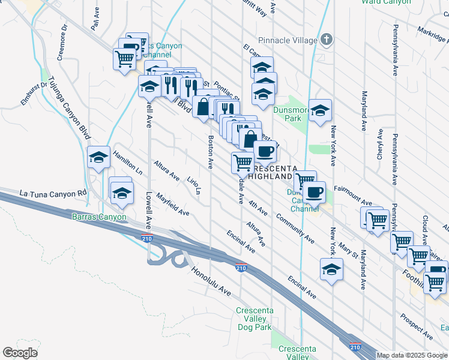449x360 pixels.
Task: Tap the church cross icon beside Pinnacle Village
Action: coord(326,40)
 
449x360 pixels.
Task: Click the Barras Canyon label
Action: coord(99,217)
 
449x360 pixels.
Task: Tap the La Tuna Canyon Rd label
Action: coord(53,194)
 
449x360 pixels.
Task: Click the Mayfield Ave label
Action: coord(172,204)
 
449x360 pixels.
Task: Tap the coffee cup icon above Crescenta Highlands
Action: coord(265,151)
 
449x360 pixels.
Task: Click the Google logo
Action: coord(20,352)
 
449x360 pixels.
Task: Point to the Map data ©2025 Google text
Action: coord(412,355)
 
